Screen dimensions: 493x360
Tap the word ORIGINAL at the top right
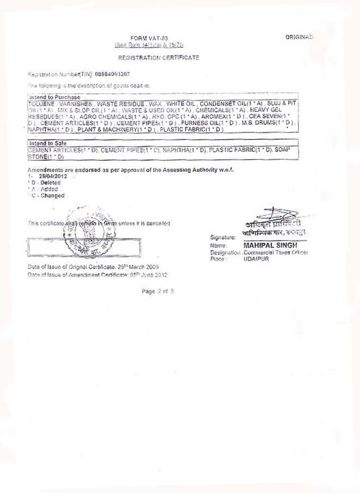299,37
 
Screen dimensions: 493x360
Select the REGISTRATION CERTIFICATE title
159,57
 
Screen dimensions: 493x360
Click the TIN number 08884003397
112,74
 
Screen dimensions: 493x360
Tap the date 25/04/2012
51,177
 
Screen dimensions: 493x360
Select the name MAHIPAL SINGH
270,245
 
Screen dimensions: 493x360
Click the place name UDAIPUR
256,258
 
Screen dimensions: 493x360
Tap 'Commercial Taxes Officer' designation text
275,252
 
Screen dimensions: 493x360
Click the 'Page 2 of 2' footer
158,292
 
